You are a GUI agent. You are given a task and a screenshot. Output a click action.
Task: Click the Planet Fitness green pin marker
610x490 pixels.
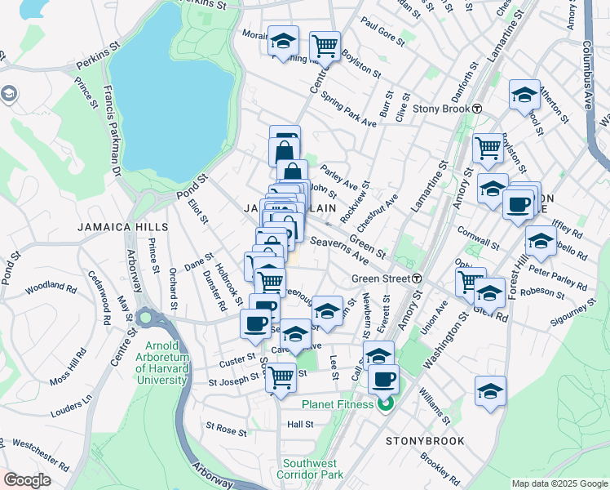386,403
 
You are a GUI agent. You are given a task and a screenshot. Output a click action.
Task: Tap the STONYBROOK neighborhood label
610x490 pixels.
425,441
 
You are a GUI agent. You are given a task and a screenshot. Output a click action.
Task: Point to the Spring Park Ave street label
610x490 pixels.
348,109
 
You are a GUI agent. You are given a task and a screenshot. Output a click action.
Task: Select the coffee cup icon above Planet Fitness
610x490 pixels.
383,379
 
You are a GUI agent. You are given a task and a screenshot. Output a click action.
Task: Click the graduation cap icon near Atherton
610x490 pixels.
524,95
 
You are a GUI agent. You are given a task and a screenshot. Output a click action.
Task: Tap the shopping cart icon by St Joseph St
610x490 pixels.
281,377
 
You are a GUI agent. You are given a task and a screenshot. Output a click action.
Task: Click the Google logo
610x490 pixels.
26,480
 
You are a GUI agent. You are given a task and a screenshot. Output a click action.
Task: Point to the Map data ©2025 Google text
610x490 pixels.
559,483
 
